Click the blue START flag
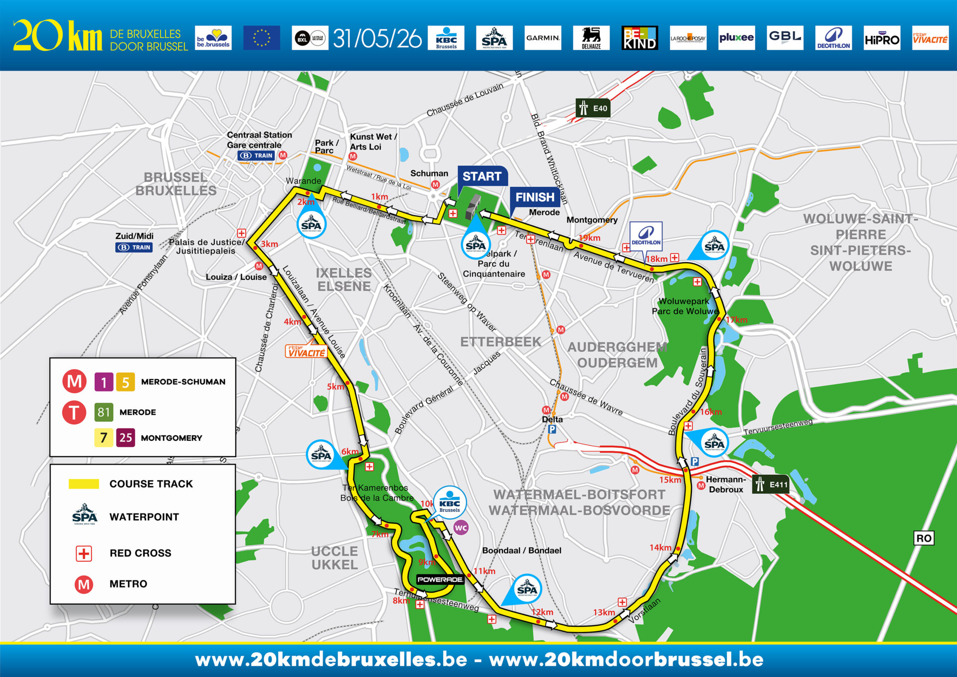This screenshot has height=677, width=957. pos(481,176)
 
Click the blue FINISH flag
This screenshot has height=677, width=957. pos(534,197)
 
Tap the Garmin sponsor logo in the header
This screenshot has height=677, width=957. pos(543,38)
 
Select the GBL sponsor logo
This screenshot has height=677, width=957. pos(785,38)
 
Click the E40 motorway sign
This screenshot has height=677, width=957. pos(593,108)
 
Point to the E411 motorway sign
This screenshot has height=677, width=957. pos(771,484)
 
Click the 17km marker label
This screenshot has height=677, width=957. pos(736,320)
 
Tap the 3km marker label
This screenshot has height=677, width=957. pos(269,244)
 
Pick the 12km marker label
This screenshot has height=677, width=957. pos(542,612)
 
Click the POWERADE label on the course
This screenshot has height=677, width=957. pos(440,579)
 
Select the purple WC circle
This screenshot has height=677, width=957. pos(461,528)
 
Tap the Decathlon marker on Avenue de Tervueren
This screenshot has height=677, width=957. pos(646,235)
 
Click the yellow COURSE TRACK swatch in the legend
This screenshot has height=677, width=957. pos(84,484)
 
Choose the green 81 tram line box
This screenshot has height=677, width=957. pos(104,412)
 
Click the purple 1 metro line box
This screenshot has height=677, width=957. pos(104,382)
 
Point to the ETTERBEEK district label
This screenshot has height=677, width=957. pos(500,342)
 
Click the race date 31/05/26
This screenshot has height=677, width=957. pos(377,38)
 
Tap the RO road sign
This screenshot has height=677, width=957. pos(924,538)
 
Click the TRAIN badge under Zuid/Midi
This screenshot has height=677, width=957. pos(134,247)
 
